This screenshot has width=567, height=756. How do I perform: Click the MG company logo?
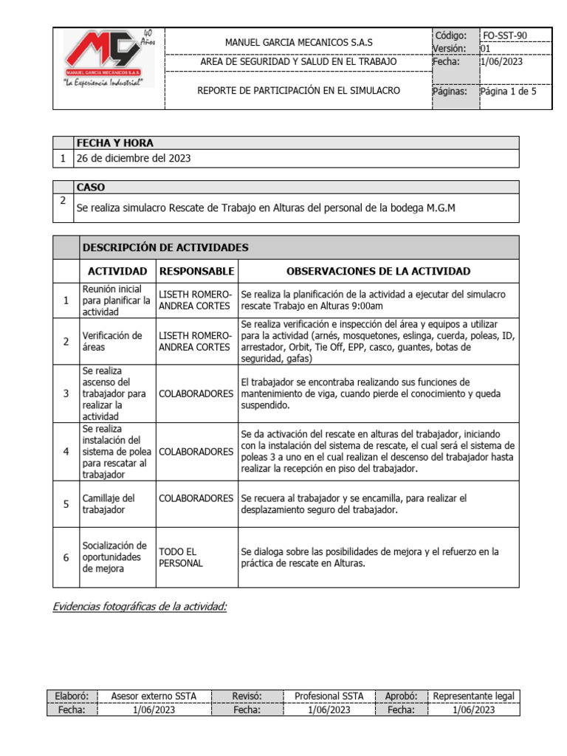pos(107,59)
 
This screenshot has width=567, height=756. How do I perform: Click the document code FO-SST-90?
pos(505,35)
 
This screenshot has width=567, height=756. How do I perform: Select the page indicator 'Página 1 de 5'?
pos(508,92)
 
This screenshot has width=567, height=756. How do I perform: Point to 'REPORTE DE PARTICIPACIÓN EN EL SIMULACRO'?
pos(298,91)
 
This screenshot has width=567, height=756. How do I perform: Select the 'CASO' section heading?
pos(91,188)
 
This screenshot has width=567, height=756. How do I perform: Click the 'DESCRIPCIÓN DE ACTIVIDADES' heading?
pos(165,247)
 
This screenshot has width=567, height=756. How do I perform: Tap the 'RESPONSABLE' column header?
pos(196,271)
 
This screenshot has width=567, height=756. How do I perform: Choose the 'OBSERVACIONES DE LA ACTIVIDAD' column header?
pos(378,271)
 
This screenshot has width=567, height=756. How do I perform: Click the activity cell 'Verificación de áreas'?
pos(112,341)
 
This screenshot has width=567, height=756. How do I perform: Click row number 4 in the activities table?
pos(66,450)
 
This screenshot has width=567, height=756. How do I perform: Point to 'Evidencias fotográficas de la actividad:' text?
pos(140,607)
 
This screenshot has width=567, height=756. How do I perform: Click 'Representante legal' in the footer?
pos(475,696)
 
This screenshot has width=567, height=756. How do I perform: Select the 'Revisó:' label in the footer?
pos(247,696)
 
